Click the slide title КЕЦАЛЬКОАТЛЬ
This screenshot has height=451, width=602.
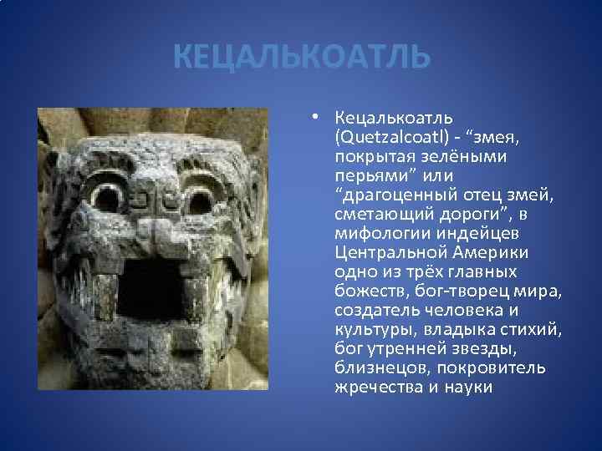tap(302, 58)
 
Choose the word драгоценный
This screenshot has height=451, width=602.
tap(395, 195)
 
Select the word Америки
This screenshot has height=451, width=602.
tap(491, 253)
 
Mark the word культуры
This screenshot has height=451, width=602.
tap(369, 330)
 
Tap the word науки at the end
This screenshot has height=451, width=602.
tap(469, 388)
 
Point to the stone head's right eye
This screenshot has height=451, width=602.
tap(201, 199)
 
